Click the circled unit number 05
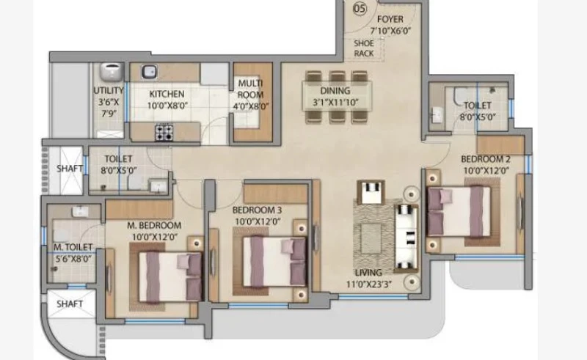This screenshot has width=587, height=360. [x=360, y=8]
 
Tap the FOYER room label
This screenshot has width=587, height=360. [x=390, y=19]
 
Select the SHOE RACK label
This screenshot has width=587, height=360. [x=363, y=48]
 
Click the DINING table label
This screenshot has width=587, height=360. [x=335, y=91]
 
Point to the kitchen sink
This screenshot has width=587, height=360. [x=149, y=72]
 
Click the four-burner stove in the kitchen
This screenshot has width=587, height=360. [x=164, y=132]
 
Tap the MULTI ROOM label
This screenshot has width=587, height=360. [x=250, y=89]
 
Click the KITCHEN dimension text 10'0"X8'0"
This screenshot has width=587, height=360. [x=167, y=106]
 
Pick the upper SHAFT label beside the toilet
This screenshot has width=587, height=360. [x=70, y=169]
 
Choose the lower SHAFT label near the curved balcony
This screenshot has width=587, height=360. [x=70, y=304]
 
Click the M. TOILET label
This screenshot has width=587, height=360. [x=73, y=247]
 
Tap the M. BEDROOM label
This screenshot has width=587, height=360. [x=154, y=225]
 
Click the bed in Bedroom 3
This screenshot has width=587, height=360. [x=274, y=261]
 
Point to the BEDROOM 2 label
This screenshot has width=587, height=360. [x=486, y=159]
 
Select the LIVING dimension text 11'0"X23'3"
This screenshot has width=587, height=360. [x=369, y=284]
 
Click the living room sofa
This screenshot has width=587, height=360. [x=406, y=238]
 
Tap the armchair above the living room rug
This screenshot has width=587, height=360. [x=371, y=192]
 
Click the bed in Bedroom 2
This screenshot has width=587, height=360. [x=459, y=211]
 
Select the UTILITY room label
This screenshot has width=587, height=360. [x=109, y=91]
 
